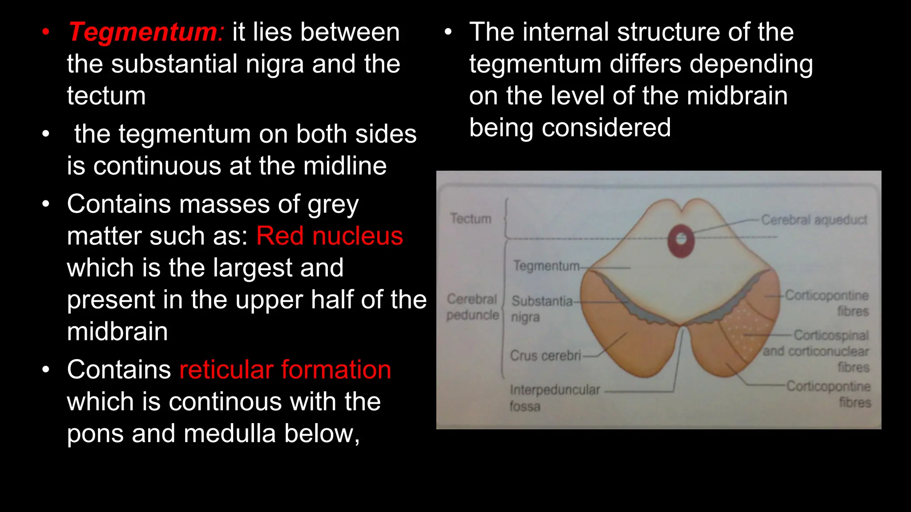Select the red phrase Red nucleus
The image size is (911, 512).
330,236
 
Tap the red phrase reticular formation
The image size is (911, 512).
285,370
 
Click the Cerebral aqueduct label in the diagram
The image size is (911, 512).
814,220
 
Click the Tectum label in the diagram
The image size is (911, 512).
471,219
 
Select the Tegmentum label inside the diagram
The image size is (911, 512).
547,266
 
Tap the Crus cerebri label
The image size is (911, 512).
545,356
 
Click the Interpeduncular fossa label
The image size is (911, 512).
554,397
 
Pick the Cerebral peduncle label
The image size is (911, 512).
472,307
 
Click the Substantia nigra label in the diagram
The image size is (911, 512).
541,308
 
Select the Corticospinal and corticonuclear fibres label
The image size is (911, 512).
816,351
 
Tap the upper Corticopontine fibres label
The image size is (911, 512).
826,302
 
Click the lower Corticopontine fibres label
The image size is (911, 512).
828,394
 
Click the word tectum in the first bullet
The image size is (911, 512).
106,96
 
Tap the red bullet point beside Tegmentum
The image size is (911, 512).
46,32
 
